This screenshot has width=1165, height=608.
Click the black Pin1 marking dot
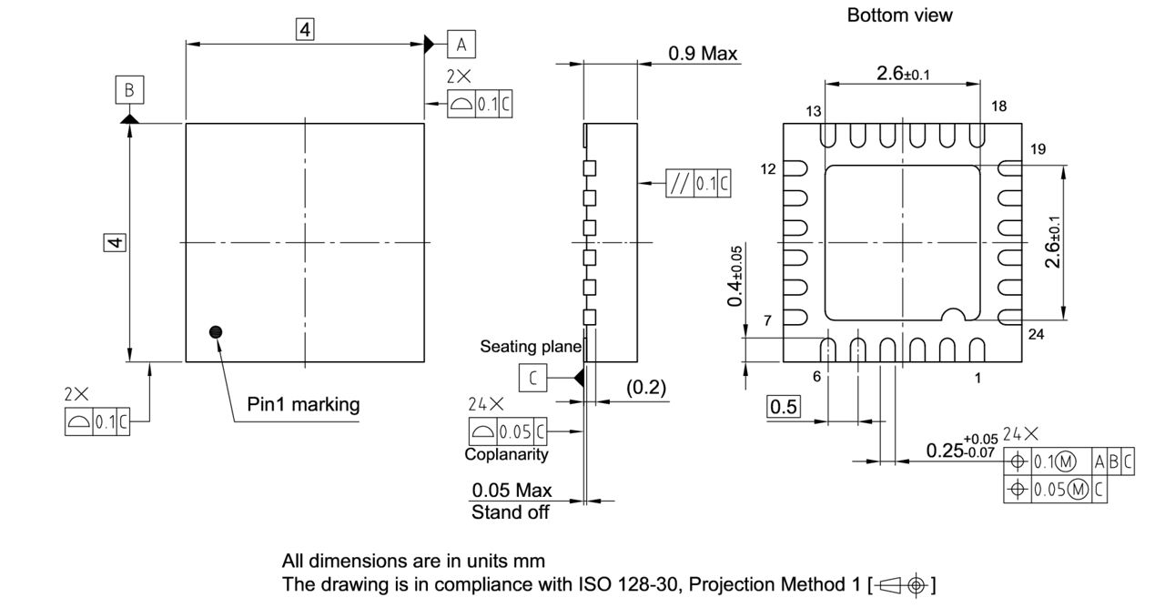(216, 332)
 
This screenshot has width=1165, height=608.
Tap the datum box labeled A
(461, 43)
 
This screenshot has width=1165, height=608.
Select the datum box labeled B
(129, 90)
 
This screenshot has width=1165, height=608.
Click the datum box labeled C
(532, 376)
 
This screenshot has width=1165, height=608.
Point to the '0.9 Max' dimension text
(702, 54)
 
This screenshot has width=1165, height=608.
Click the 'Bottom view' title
(899, 15)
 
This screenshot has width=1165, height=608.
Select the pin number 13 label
(813, 110)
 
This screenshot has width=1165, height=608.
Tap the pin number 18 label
(998, 106)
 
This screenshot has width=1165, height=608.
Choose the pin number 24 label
(1036, 334)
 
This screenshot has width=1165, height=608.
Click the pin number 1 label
(978, 378)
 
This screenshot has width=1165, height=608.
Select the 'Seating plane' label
(531, 347)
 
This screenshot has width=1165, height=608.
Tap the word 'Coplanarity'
(506, 454)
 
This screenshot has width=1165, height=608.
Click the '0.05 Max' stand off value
(512, 491)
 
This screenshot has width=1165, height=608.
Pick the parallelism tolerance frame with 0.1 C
(699, 184)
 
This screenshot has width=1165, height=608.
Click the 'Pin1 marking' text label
(303, 404)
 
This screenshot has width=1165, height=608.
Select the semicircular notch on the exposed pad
(952, 314)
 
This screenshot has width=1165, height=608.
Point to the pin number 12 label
(770, 169)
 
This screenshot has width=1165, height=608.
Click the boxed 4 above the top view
(305, 30)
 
